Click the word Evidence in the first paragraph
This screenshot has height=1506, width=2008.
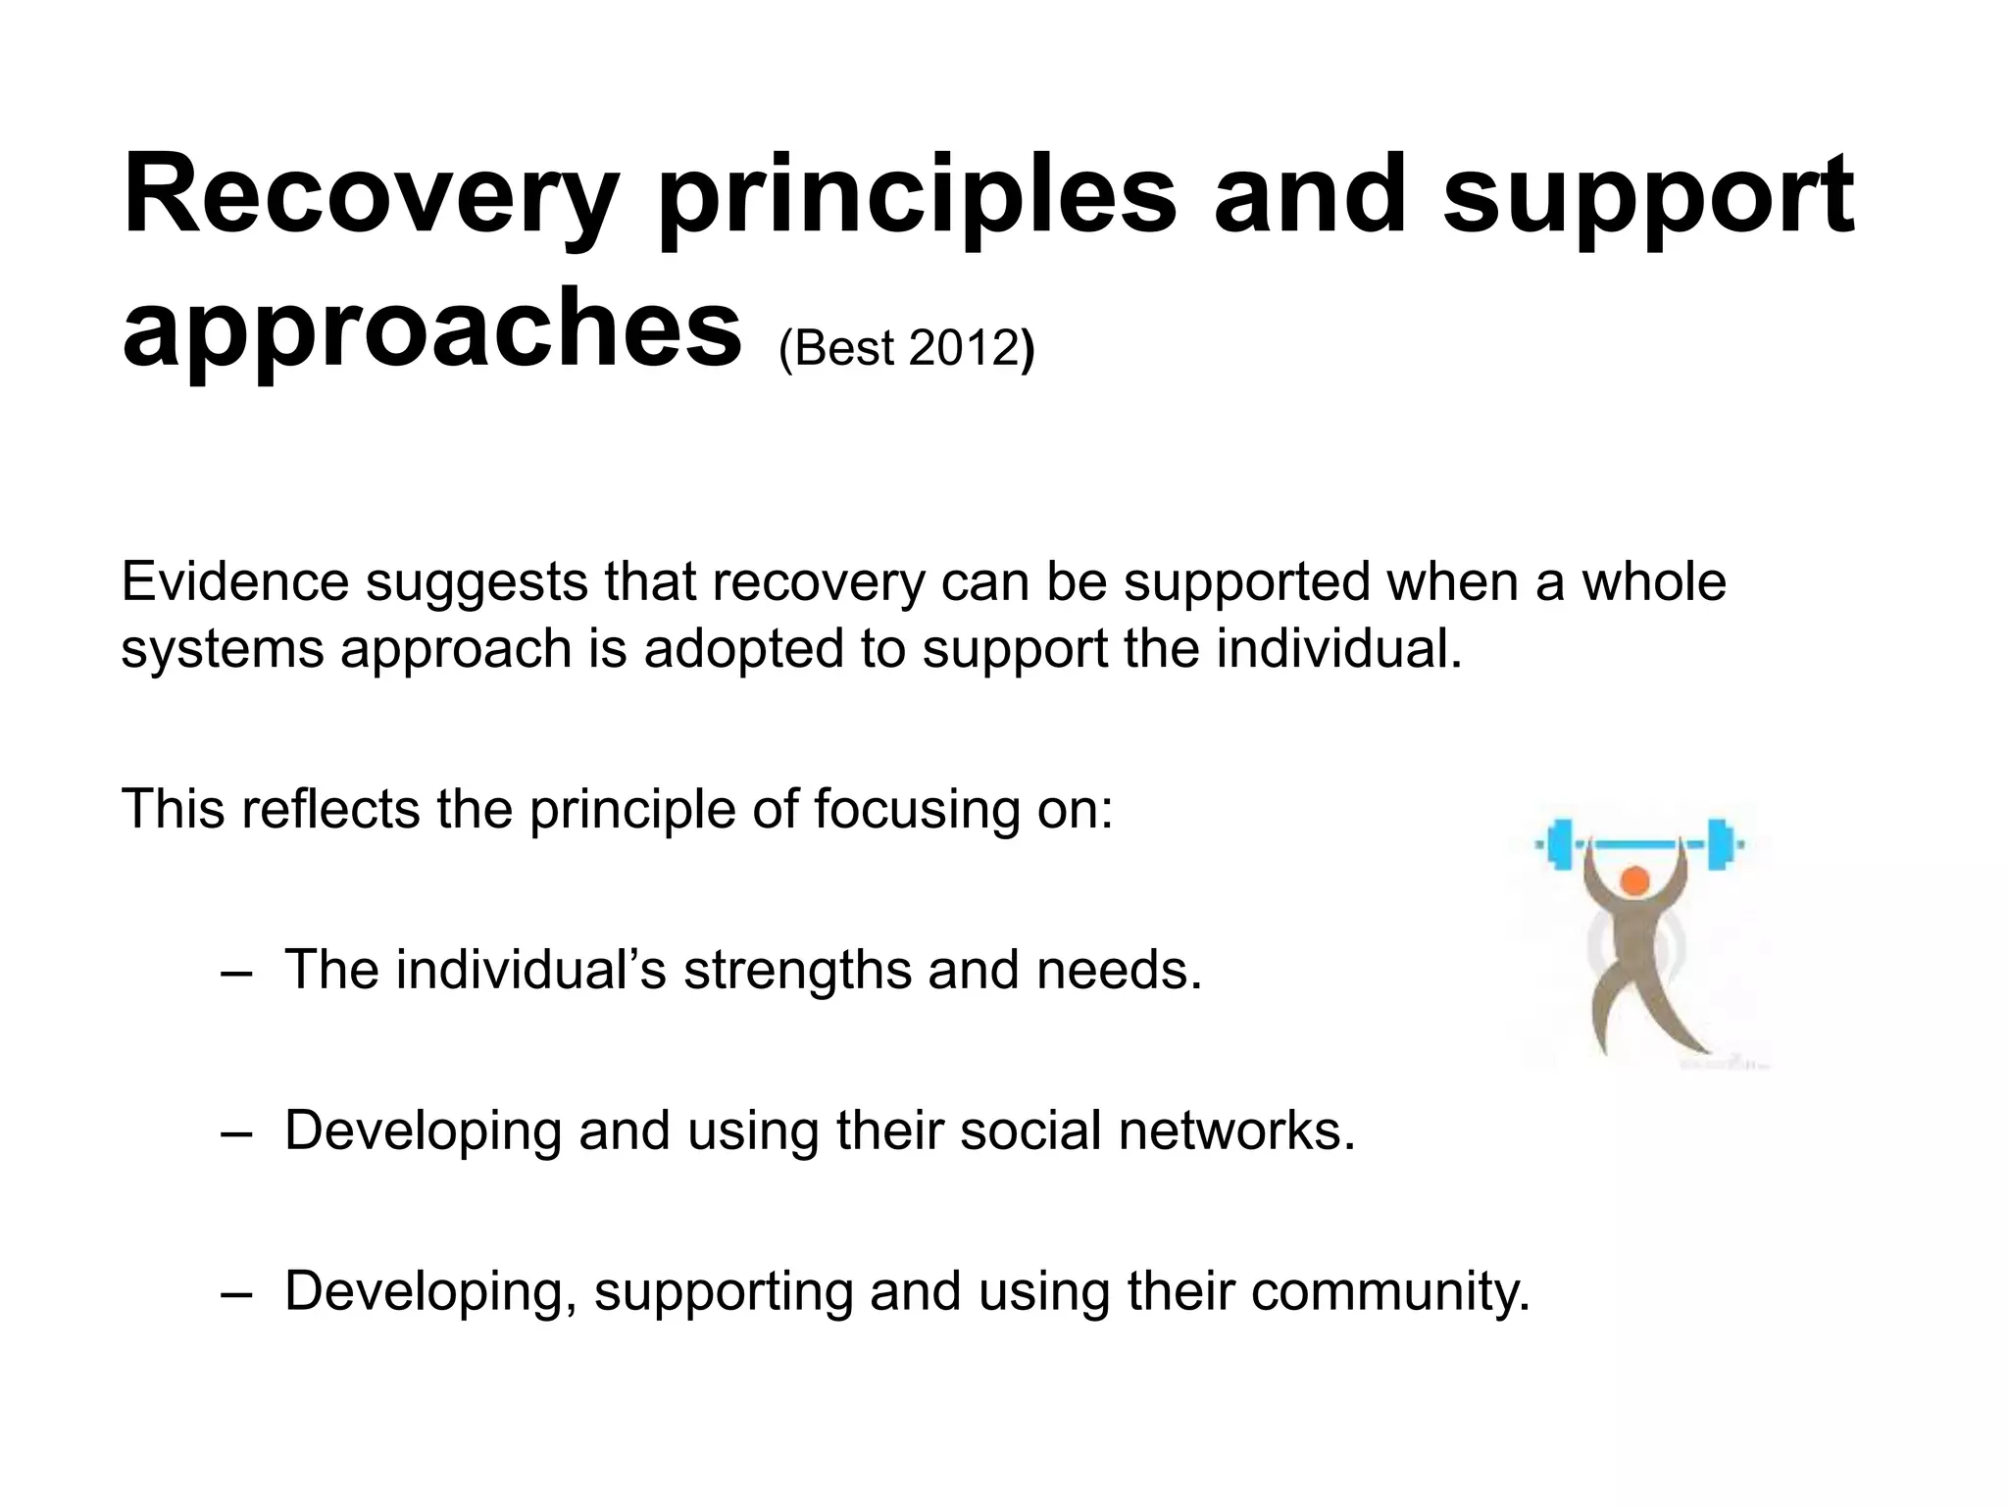coord(235,581)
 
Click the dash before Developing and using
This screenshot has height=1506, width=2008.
coord(236,1133)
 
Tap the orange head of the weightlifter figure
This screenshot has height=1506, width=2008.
coord(1634,880)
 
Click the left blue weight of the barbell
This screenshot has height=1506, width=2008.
coord(1559,844)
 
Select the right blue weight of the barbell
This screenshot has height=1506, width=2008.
coord(1719,844)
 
